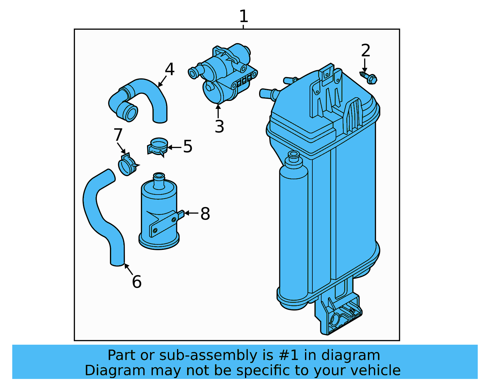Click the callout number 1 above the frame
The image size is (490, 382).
coord(243,16)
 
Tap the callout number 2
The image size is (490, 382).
coord(365,50)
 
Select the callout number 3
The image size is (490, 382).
coord(219,127)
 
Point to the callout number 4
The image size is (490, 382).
coord(169,69)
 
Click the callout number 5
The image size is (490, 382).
coord(188,146)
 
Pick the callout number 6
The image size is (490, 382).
coord(137,282)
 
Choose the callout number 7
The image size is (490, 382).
coord(118,135)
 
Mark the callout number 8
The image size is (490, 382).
coord(205,214)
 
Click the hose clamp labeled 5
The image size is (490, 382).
coord(158,146)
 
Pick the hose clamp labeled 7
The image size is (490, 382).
coord(127,165)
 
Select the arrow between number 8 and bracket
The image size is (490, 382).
coord(191,213)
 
